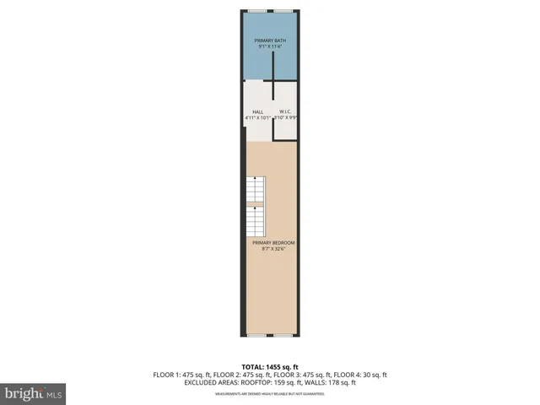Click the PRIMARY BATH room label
(x=270, y=40)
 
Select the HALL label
(x=257, y=111)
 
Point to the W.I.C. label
(x=285, y=111)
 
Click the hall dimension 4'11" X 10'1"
(x=257, y=118)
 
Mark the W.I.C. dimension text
(x=286, y=118)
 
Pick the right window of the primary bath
(x=284, y=10)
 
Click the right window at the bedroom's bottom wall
(x=284, y=335)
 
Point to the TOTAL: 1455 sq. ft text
(x=270, y=367)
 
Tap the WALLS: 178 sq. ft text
(x=331, y=382)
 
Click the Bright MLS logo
(x=35, y=392)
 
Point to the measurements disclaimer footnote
(x=270, y=393)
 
